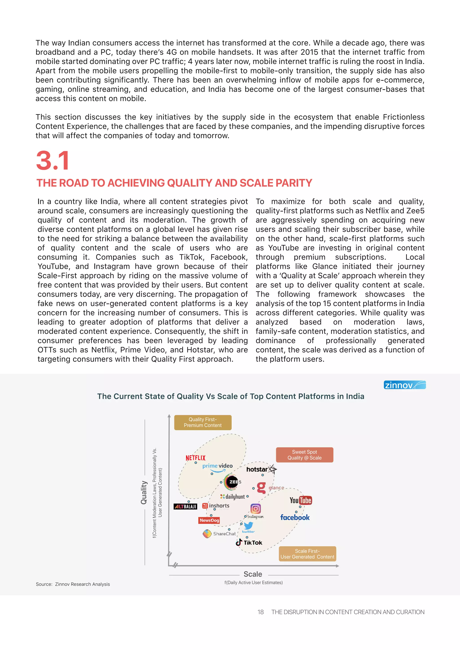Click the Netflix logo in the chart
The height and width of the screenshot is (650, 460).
click(195, 458)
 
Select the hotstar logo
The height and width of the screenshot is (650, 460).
click(261, 469)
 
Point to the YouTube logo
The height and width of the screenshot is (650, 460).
click(301, 500)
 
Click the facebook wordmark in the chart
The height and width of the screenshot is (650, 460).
click(295, 517)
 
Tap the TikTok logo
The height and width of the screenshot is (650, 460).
click(249, 542)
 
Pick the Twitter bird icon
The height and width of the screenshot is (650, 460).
click(248, 526)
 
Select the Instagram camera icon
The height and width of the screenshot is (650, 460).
click(255, 509)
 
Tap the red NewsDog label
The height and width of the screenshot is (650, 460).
click(209, 520)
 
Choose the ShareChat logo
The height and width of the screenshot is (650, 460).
click(219, 534)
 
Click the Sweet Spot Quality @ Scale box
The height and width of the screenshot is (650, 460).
click(305, 455)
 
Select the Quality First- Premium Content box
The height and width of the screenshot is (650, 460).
click(203, 422)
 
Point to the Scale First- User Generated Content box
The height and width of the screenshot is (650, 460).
click(307, 554)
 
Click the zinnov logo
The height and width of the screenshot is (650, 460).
click(405, 385)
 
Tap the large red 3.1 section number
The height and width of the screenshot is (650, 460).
click(53, 161)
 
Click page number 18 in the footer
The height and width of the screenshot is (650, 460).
click(260, 612)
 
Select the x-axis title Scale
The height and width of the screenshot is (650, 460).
click(253, 574)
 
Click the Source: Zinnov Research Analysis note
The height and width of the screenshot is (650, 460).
click(73, 584)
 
